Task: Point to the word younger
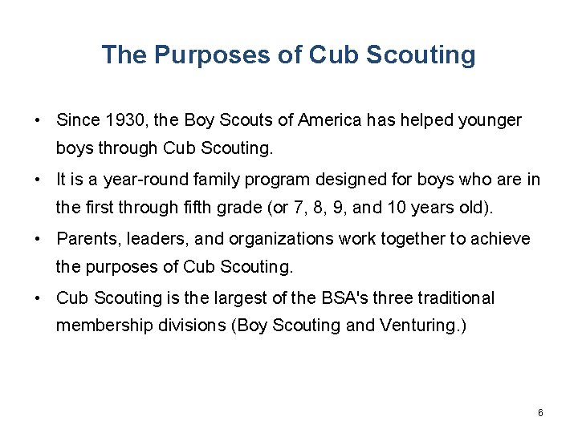click(x=490, y=120)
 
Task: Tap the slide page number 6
click(x=540, y=413)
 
